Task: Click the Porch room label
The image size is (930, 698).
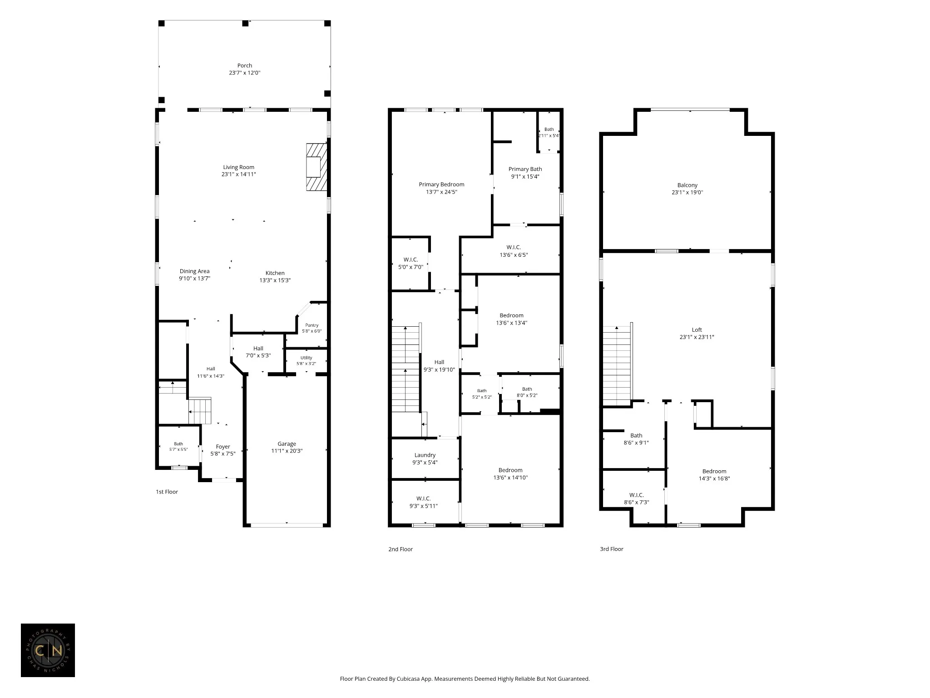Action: [x=244, y=65]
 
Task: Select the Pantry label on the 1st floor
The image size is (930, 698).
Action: [x=312, y=325]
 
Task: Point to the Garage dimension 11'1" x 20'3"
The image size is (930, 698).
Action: [x=287, y=451]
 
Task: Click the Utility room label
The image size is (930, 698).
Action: [x=306, y=358]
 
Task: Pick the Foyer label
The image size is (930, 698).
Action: [x=223, y=447]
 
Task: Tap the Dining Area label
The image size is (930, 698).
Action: [x=194, y=271]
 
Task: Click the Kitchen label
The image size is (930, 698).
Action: [x=275, y=273]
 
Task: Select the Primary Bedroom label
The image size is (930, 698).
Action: [x=441, y=184]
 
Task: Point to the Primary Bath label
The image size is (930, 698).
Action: [x=525, y=169]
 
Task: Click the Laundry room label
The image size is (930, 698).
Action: [x=425, y=455]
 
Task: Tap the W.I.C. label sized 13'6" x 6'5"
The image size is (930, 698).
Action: [x=514, y=247]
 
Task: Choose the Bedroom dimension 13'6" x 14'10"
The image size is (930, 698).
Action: [x=510, y=478]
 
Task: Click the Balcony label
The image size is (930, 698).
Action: [x=687, y=185]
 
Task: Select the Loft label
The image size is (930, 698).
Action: [x=697, y=330]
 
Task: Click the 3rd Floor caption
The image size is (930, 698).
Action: [x=611, y=549]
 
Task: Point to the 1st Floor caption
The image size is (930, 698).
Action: [x=167, y=492]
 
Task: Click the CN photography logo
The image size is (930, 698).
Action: [x=48, y=650]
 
